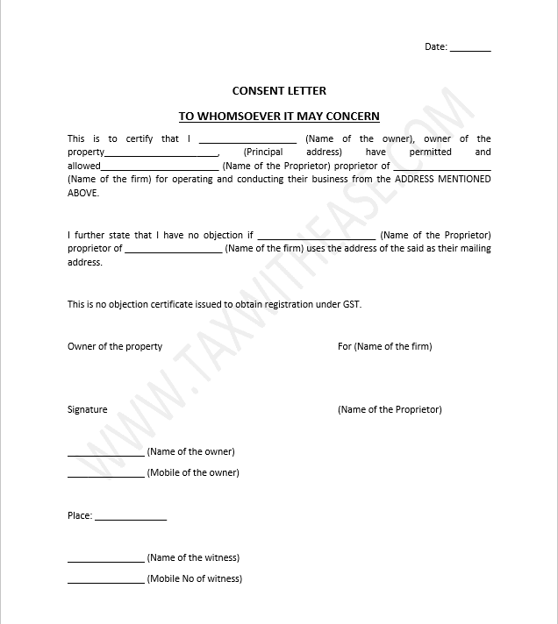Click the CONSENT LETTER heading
point(279,90)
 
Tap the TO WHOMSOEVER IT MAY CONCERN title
point(279,116)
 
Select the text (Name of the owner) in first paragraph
point(360,138)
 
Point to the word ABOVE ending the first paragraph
point(83,193)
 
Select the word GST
point(351,304)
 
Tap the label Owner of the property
point(115,346)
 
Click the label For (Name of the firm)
point(384,346)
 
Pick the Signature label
point(87,409)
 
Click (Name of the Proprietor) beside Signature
point(390,409)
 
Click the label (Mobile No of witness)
point(194,578)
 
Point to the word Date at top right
point(435,46)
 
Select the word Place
point(79,515)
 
